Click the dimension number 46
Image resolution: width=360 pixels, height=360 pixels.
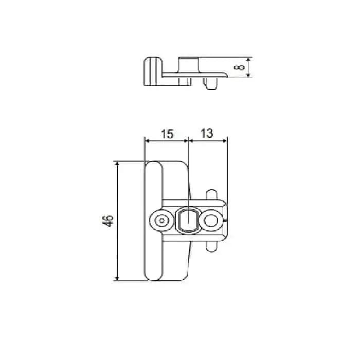point(107,221)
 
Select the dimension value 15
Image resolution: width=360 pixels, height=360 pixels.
point(166,134)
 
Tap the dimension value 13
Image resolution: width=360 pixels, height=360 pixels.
point(207,134)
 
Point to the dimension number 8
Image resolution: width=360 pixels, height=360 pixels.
point(238,67)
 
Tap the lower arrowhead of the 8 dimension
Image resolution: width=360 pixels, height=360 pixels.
point(248,75)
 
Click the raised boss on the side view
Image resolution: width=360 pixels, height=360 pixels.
point(188,64)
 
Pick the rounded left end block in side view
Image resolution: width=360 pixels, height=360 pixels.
point(151,71)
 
